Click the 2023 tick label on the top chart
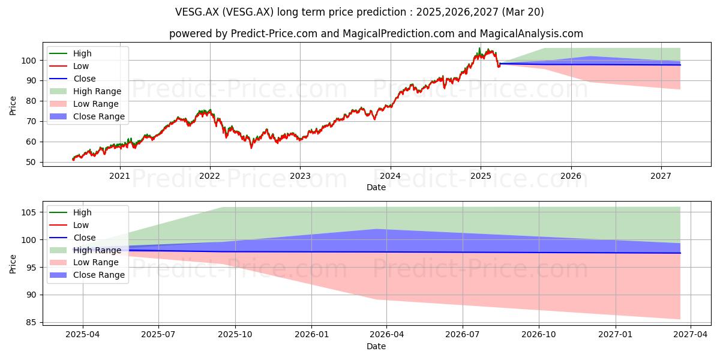300,176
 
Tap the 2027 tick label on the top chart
661,176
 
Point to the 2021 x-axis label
120,176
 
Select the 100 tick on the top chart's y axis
29,61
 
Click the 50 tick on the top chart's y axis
31,162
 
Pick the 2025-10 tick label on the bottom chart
235,334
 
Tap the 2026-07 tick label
463,334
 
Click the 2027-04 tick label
691,334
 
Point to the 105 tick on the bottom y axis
29,212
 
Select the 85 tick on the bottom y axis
31,322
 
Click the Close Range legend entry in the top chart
87,116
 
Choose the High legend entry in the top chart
70,53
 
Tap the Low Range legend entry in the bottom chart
84,262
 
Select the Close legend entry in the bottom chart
73,238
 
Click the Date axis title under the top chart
376,187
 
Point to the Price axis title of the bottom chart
13,264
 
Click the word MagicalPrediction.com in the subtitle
398,34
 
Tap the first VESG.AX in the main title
197,12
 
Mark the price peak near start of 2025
479,48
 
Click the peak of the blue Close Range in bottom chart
376,229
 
